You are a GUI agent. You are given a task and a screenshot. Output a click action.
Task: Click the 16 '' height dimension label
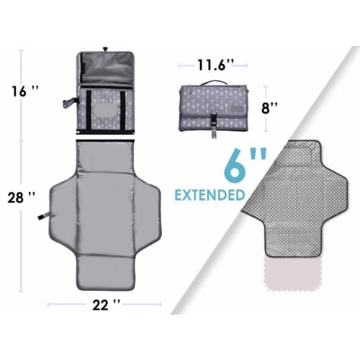point(25,91)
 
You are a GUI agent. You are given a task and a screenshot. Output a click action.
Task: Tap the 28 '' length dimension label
point(22,198)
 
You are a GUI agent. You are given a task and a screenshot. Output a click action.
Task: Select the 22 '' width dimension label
point(106,305)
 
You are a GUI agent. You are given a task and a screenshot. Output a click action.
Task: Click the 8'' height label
point(269,108)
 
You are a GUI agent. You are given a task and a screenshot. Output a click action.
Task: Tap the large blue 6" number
point(245,166)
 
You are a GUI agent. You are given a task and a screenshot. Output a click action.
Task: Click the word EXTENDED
point(210,195)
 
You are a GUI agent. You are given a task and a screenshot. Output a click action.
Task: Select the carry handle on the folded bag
point(214,83)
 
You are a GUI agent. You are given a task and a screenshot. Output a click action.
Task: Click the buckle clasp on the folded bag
point(213,120)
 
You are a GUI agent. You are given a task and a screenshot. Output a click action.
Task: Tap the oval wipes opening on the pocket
point(106,110)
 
